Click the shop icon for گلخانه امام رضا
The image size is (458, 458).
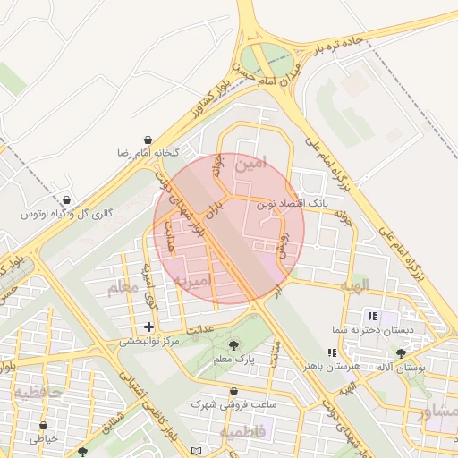(x=147, y=140)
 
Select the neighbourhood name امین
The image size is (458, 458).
(x=250, y=164)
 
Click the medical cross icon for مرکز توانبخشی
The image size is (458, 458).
(x=148, y=327)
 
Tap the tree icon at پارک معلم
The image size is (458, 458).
(x=234, y=345)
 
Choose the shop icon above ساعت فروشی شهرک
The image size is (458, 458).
(x=233, y=392)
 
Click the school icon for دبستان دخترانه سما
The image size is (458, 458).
(x=371, y=316)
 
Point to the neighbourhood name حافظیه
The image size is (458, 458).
(x=37, y=393)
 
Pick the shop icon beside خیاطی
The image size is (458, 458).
(x=43, y=426)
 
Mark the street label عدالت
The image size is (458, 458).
(x=199, y=330)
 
